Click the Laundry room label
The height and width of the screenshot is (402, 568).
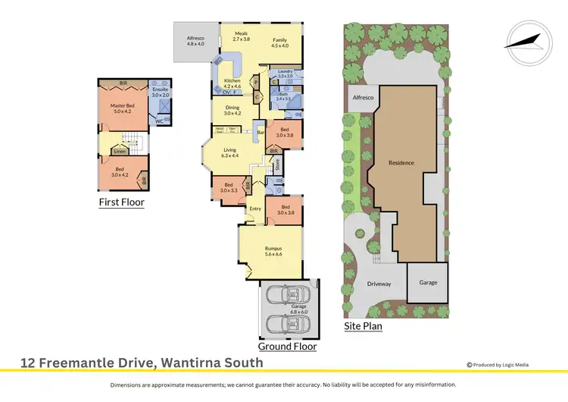285,74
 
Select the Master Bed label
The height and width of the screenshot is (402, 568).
122,108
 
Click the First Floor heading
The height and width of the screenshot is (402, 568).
121,203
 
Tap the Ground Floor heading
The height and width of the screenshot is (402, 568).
287,346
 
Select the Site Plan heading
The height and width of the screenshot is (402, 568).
363,327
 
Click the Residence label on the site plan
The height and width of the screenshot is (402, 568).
401,163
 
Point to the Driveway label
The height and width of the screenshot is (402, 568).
379,284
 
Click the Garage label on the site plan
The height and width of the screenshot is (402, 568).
428,282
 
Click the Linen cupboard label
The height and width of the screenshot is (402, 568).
120,152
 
